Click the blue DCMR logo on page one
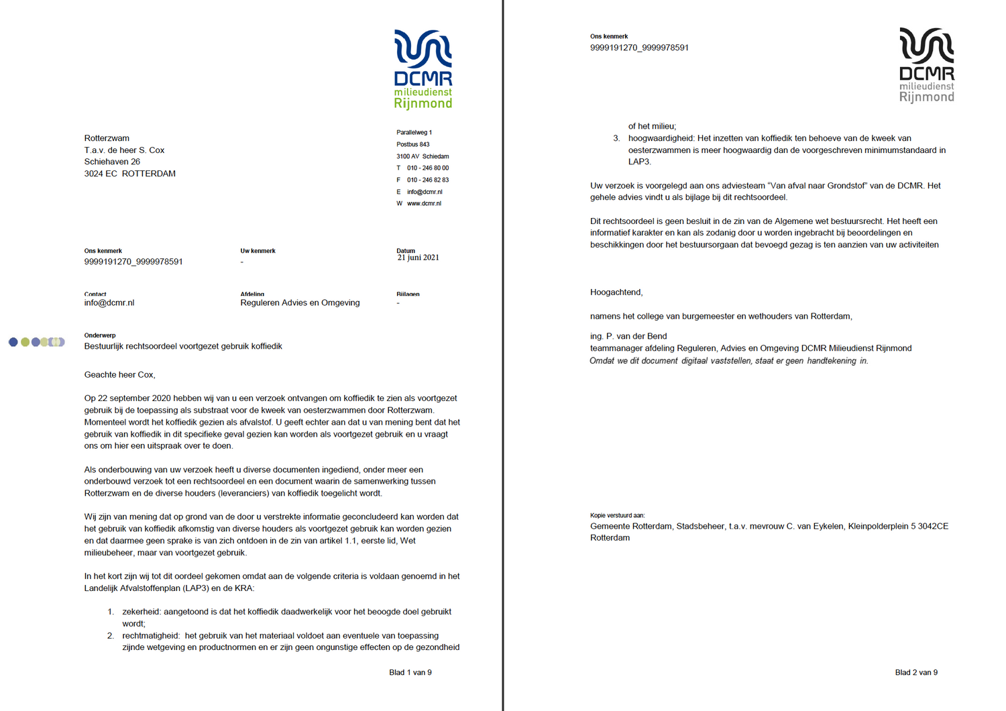[423, 69]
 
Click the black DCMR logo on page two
[927, 65]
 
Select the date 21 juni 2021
[418, 258]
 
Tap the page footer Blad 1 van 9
[410, 672]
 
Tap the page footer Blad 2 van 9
[916, 672]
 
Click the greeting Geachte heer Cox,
[119, 375]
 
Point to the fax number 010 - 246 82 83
[428, 180]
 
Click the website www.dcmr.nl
[424, 203]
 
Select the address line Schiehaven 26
[112, 162]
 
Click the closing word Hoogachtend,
[616, 292]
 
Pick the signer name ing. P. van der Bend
[628, 336]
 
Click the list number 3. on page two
[616, 138]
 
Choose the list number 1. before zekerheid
[111, 612]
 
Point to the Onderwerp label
[100, 335]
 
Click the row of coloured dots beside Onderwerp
[37, 342]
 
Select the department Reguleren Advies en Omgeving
[300, 303]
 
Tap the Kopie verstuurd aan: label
[617, 516]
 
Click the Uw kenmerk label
[258, 251]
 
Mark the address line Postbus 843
[412, 144]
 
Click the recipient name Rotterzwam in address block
[107, 138]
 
